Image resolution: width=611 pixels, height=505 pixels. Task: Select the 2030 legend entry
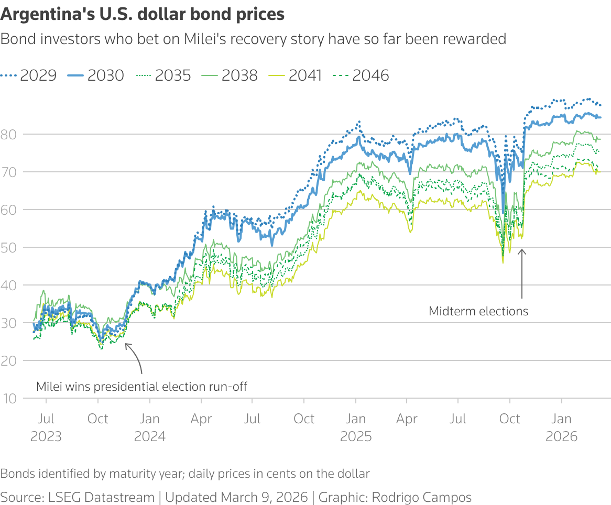click(x=96, y=75)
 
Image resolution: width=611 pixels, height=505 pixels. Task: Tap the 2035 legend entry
click(x=163, y=75)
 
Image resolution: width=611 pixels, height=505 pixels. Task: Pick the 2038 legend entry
click(x=230, y=75)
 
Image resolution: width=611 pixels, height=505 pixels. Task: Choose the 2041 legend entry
click(x=296, y=75)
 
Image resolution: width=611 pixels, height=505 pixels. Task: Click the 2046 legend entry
click(x=362, y=75)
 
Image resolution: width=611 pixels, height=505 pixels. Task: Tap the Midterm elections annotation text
click(x=478, y=311)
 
